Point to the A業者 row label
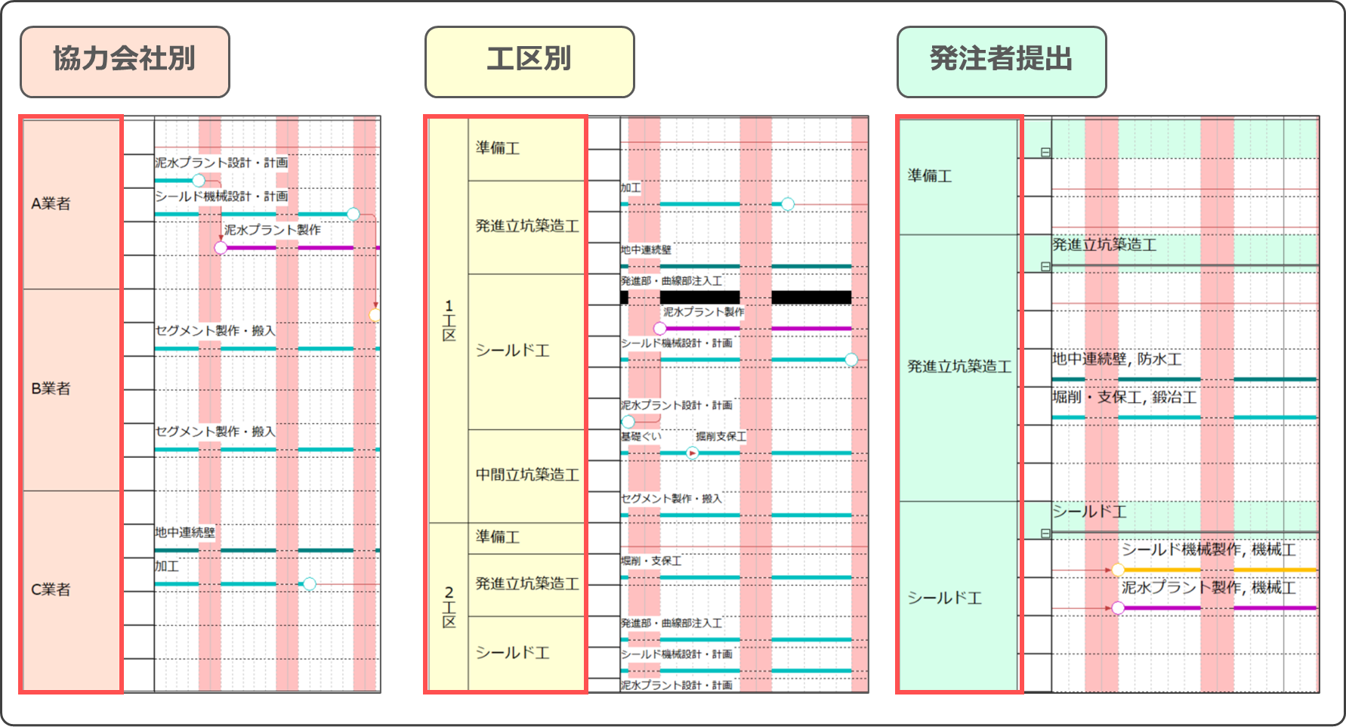[51, 203]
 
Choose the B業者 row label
[51, 388]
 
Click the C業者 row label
[51, 589]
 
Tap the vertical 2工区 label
[449, 607]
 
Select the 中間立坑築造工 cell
[527, 475]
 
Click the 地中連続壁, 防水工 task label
[1116, 360]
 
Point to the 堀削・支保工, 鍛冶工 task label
[1124, 398]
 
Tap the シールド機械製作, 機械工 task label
[1209, 549]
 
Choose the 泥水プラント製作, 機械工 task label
[1209, 587]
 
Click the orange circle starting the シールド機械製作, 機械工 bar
[1118, 570]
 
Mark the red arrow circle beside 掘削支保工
[692, 453]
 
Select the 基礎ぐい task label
[641, 437]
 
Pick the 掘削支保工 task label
[721, 437]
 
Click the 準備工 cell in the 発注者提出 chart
[930, 176]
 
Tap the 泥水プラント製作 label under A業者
[272, 230]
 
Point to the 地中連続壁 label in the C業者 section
[185, 533]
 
